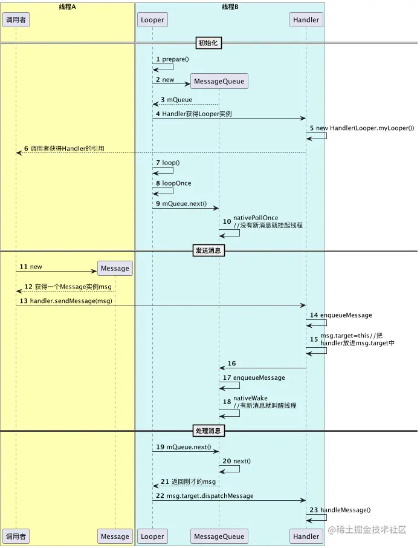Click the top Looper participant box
click(152, 19)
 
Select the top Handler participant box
click(306, 19)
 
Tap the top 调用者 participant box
click(16, 19)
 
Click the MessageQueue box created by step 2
click(219, 81)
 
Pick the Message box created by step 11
click(115, 268)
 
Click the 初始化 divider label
click(209, 43)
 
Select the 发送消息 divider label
click(209, 250)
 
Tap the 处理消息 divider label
click(209, 431)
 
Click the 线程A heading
click(66, 6)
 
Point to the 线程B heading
click(230, 6)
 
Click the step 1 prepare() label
click(175, 59)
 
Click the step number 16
click(232, 364)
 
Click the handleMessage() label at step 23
click(345, 510)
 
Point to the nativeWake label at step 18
click(250, 399)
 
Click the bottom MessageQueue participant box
click(219, 536)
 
